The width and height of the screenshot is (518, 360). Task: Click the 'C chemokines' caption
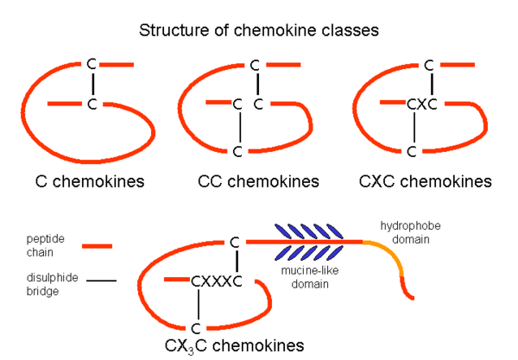pyautogui.click(x=89, y=182)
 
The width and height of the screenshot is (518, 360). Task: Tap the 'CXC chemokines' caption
pyautogui.click(x=426, y=182)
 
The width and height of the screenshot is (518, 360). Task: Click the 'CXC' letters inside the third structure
pyautogui.click(x=422, y=105)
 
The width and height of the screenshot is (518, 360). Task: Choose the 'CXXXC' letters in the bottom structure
pyautogui.click(x=216, y=281)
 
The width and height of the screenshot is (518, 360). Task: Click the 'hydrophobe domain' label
pyautogui.click(x=411, y=232)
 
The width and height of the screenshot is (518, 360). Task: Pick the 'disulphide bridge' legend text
pyautogui.click(x=45, y=284)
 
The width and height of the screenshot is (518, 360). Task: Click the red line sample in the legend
pyautogui.click(x=98, y=246)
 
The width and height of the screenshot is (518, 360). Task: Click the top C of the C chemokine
pyautogui.click(x=92, y=65)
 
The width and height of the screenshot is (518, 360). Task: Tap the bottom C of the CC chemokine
pyautogui.click(x=237, y=152)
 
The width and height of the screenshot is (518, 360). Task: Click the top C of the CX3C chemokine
pyautogui.click(x=235, y=243)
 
